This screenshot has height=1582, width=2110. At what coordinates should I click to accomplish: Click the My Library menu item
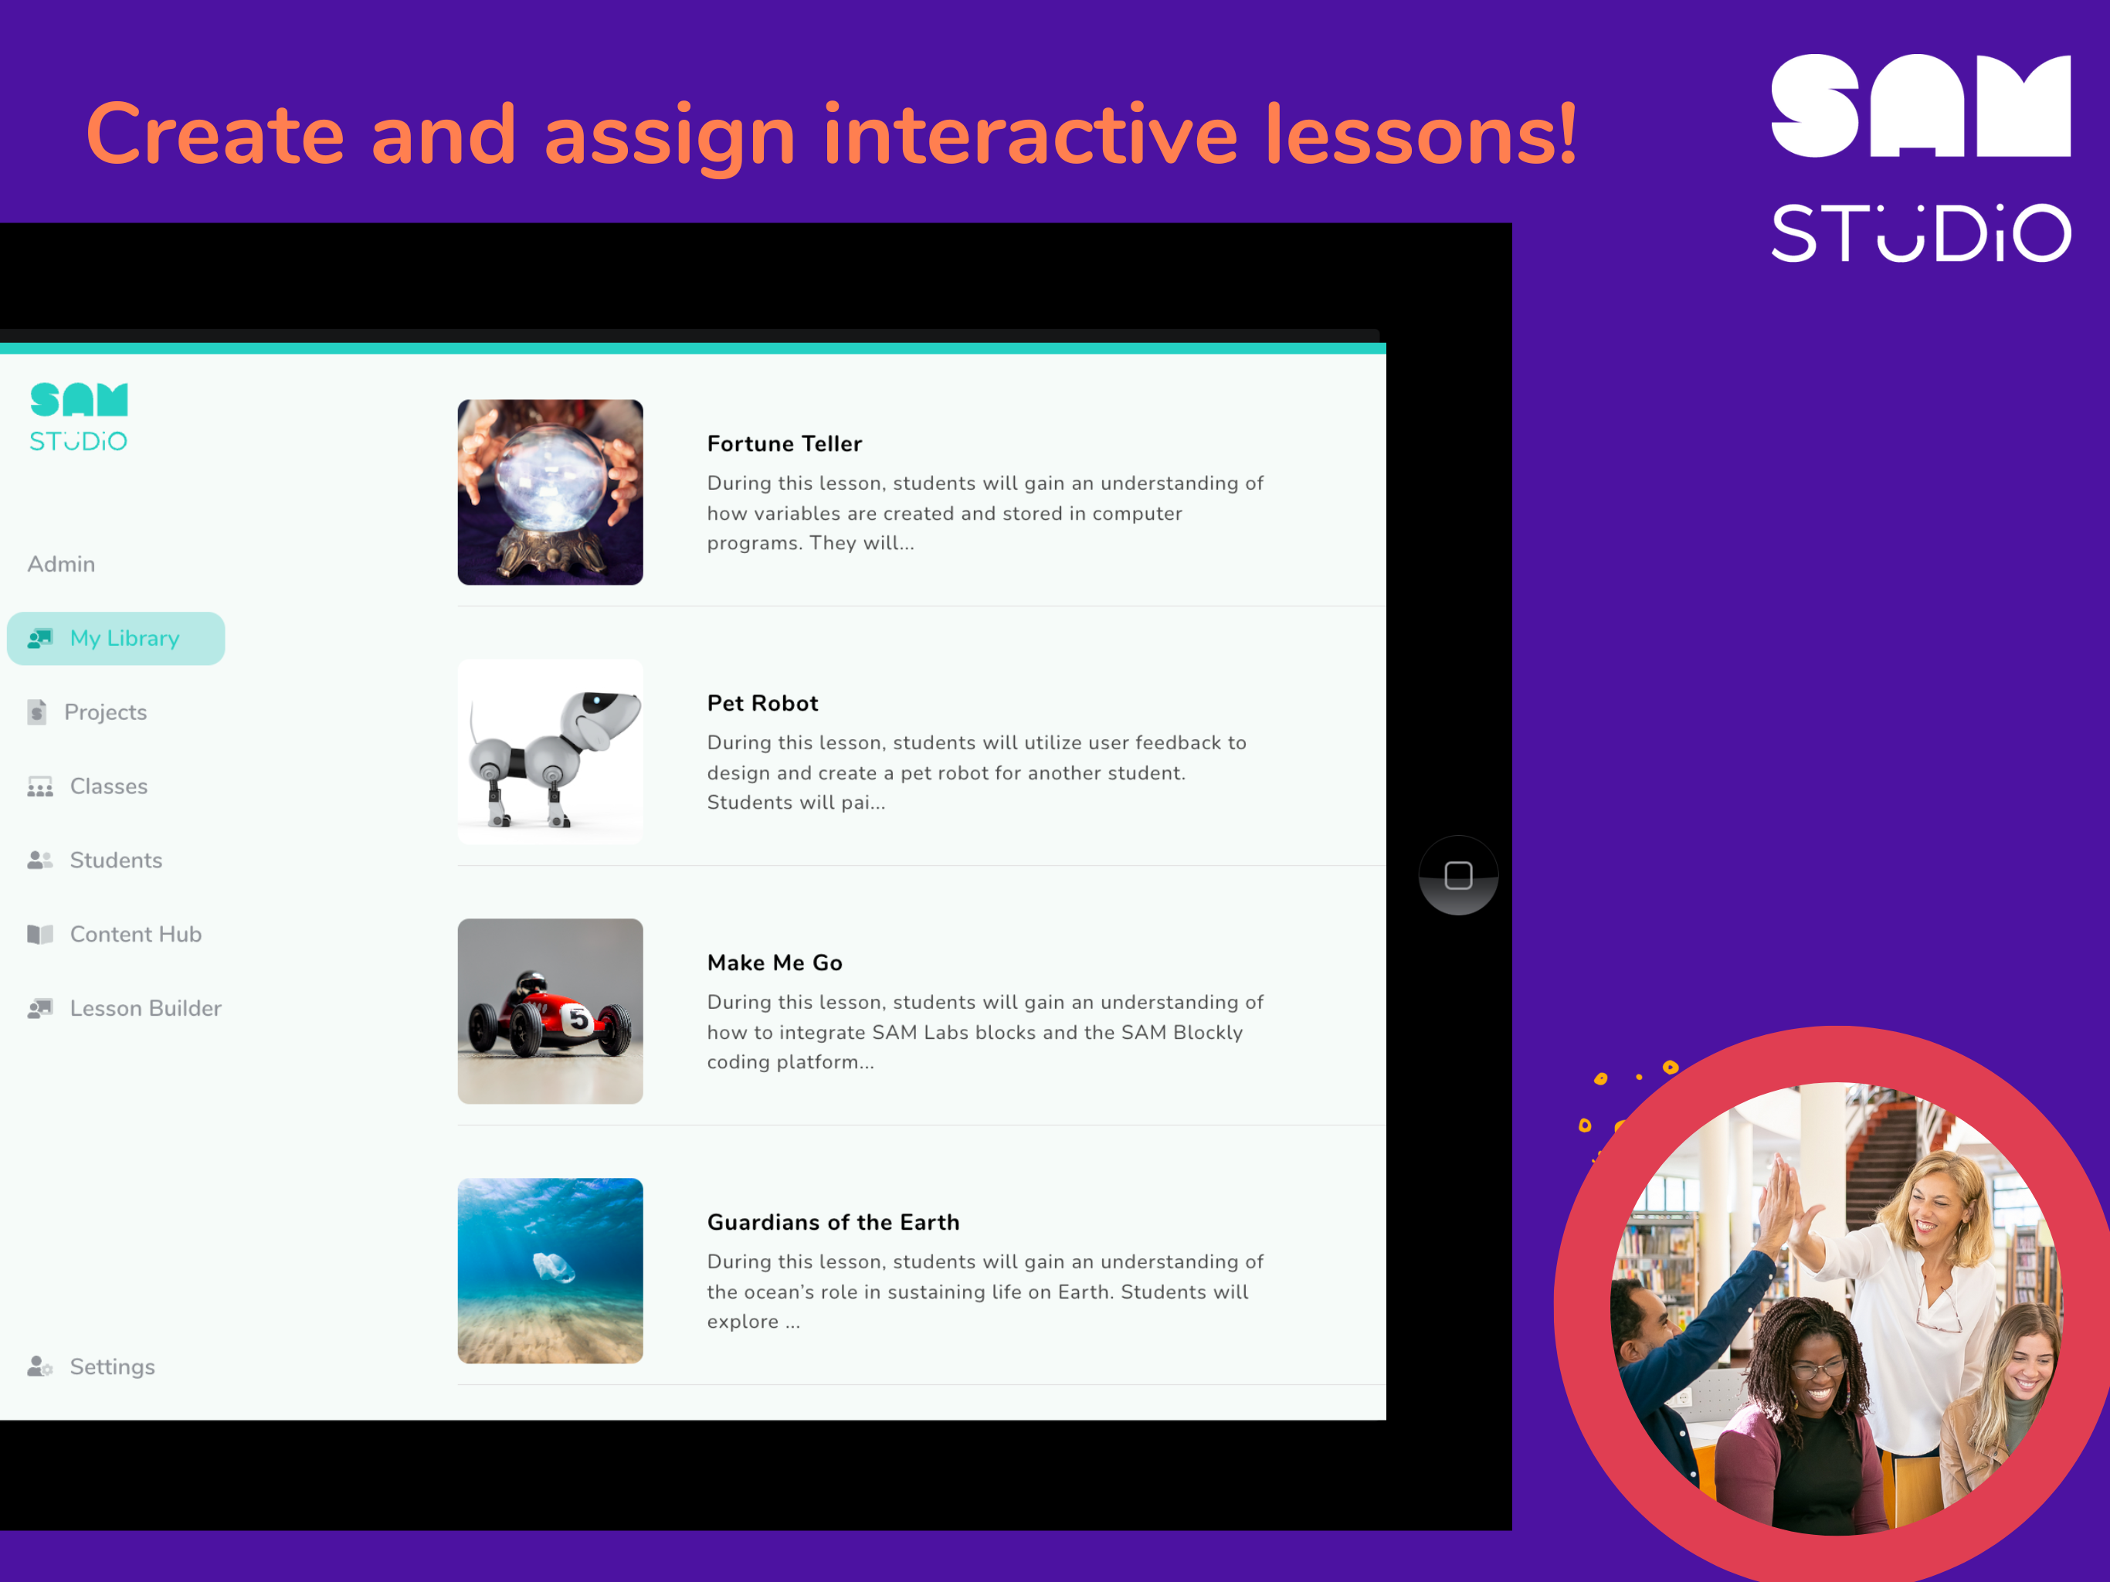tap(117, 638)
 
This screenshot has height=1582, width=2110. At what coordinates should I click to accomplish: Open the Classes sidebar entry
tap(108, 786)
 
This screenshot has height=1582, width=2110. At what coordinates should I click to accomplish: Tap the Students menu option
tap(115, 860)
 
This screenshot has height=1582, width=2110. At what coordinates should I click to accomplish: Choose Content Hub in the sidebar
tap(135, 934)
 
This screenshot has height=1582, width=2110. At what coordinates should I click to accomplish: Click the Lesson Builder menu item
tap(145, 1009)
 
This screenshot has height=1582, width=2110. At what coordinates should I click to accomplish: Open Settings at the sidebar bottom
tap(112, 1366)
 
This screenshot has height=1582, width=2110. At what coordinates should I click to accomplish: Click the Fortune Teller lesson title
tap(784, 443)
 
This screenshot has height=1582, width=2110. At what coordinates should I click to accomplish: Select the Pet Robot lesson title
tap(762, 703)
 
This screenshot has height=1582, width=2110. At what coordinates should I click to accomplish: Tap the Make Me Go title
tap(775, 962)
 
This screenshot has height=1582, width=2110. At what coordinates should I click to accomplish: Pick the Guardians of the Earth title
tap(833, 1222)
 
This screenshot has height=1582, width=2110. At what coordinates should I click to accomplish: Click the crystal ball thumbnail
tap(551, 491)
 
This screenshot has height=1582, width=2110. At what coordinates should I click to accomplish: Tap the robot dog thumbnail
tap(551, 751)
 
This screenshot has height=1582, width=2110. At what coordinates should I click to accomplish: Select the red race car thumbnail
tap(551, 1010)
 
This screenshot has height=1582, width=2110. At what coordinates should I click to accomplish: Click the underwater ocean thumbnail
tap(551, 1270)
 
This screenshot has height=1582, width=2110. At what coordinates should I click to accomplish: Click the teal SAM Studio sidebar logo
tap(78, 417)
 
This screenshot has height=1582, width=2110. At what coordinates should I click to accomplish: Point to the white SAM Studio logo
tap(1920, 158)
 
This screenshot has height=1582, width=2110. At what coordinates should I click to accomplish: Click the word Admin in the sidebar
tap(61, 564)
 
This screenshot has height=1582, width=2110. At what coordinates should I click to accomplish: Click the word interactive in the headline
tap(1030, 134)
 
